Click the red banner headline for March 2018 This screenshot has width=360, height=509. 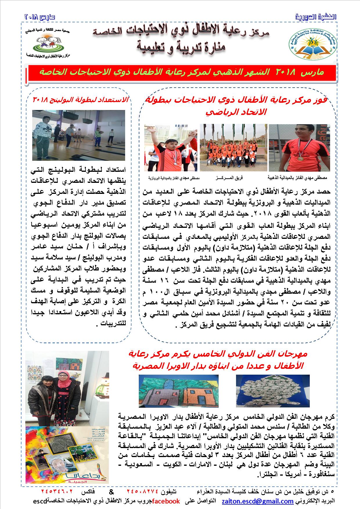(182, 73)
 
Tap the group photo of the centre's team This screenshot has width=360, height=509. (233, 147)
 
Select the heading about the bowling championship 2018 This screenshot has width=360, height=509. (81, 100)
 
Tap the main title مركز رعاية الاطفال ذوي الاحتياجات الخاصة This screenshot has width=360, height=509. (181, 33)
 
